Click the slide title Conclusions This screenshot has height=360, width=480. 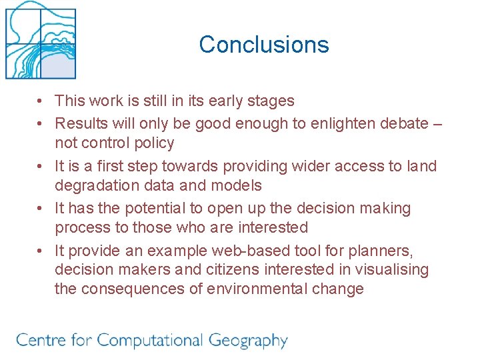(x=263, y=45)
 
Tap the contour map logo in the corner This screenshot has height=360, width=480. (x=41, y=41)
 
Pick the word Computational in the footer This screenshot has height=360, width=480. (x=150, y=341)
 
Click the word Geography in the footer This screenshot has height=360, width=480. (x=248, y=341)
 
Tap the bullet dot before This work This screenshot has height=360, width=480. (x=41, y=101)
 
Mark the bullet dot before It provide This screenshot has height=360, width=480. (x=41, y=251)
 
